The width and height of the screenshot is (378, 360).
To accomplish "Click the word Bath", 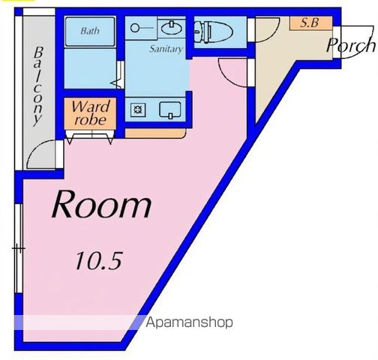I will click(90, 31).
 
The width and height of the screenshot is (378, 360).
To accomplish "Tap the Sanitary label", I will click(166, 49).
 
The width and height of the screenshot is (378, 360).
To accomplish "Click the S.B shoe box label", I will click(309, 22).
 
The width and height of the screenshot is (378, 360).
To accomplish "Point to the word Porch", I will click(350, 45).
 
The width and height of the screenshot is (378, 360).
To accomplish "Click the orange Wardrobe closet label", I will click(91, 112).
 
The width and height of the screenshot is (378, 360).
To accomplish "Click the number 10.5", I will click(97, 261).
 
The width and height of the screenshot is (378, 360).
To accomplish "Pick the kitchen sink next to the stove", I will click(169, 109).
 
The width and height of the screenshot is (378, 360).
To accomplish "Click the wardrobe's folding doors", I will click(91, 136).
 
